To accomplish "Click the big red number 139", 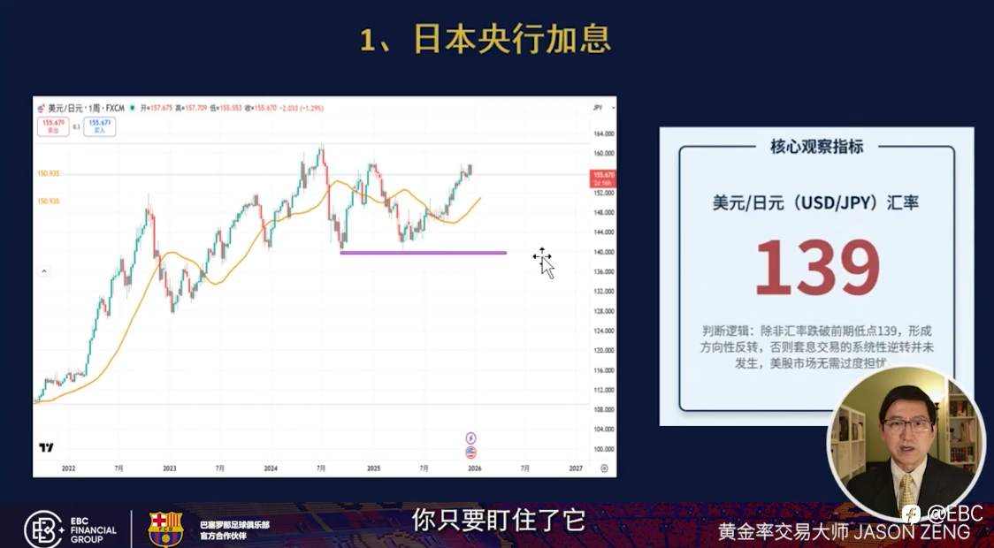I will click(x=816, y=267).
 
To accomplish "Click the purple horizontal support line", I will click(x=423, y=253).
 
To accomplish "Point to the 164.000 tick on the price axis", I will click(x=604, y=133).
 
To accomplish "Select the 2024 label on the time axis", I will click(x=271, y=468).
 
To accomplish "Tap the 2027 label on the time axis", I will click(x=576, y=468).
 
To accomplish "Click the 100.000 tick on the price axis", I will click(x=604, y=449).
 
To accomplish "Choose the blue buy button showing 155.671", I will click(x=100, y=126).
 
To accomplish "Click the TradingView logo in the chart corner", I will click(x=46, y=447).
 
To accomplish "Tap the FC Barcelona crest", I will click(x=165, y=528).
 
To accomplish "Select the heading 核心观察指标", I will click(x=816, y=147).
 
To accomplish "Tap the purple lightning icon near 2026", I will click(x=470, y=438).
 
